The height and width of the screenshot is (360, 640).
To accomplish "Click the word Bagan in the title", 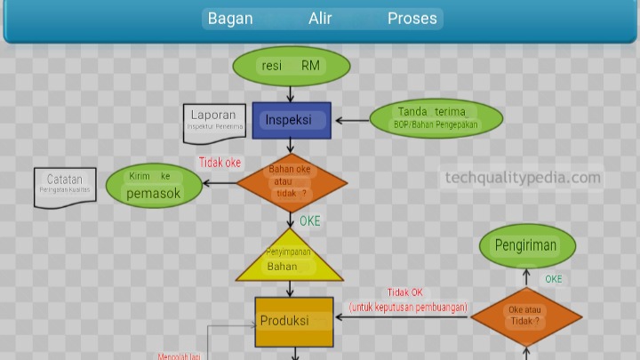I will click(x=230, y=19).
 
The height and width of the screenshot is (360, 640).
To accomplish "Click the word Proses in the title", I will click(x=412, y=19).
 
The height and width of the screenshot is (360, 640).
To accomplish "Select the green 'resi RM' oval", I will click(x=292, y=66).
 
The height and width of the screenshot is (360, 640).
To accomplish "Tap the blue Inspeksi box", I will click(x=292, y=120).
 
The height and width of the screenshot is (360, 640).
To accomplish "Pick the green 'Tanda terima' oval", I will click(x=436, y=118).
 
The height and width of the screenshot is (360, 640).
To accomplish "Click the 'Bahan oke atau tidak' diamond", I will click(x=292, y=181).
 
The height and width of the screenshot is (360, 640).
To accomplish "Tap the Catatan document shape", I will click(x=65, y=185).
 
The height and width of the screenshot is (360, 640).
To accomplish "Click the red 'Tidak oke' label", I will click(x=220, y=164).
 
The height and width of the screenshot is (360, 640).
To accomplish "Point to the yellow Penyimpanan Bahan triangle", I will click(x=290, y=259).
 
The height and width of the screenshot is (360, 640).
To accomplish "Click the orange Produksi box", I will click(x=294, y=321).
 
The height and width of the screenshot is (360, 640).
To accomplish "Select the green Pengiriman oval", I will click(x=526, y=246).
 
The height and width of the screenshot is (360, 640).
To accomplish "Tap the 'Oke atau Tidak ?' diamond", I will click(x=525, y=316).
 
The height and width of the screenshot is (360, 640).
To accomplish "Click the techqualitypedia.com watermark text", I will click(x=523, y=178).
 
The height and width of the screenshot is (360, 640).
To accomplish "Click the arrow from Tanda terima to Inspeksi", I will click(x=350, y=120).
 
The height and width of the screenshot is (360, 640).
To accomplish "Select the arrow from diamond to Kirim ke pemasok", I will click(x=219, y=183).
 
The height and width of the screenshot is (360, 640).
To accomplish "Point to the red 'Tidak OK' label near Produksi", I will click(x=404, y=292).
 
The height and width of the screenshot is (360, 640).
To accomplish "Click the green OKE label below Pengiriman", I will click(x=554, y=279).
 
